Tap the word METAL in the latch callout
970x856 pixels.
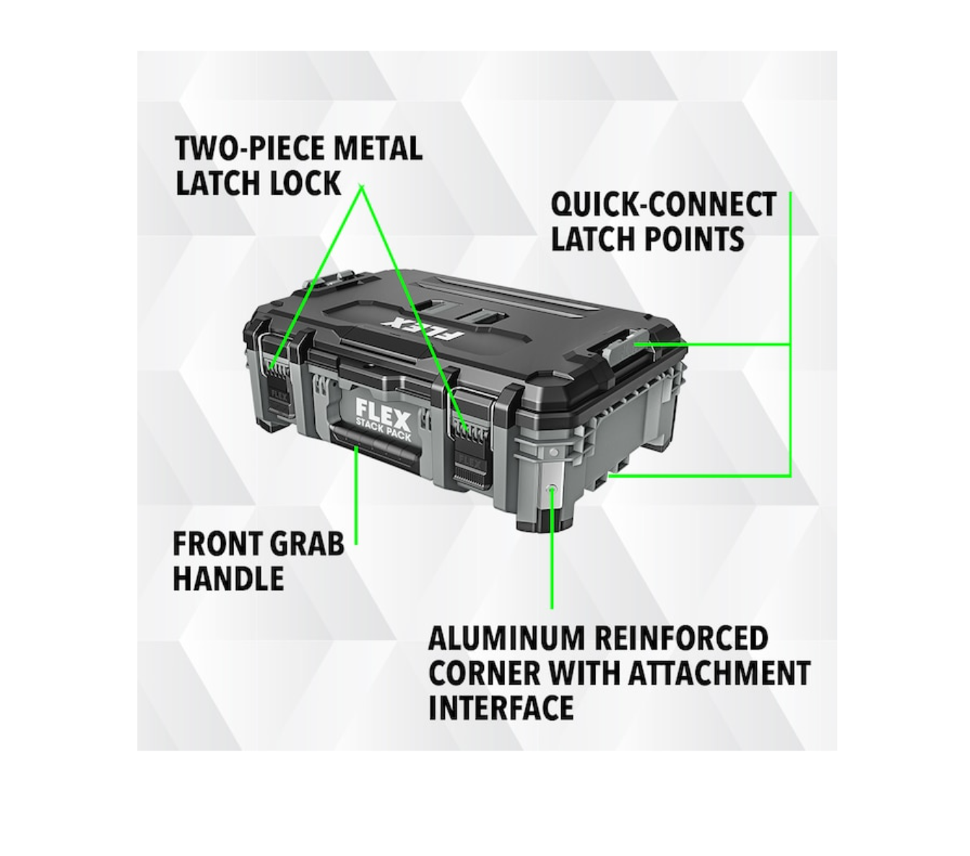(x=377, y=148)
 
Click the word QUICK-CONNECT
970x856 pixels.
(x=664, y=204)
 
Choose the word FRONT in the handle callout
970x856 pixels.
(x=217, y=544)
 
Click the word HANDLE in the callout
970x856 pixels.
(x=228, y=578)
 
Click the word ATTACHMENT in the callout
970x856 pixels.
(x=719, y=673)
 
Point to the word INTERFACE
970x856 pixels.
(x=501, y=707)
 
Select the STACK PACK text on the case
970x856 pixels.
(x=383, y=429)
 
